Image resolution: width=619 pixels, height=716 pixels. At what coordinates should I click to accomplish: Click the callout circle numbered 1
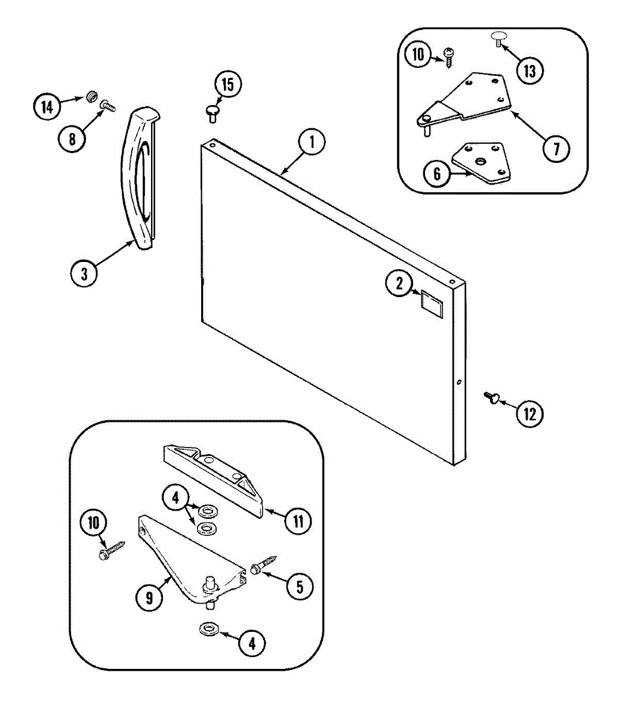point(312,143)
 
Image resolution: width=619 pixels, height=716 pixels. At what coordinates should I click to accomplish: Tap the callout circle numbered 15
point(228,84)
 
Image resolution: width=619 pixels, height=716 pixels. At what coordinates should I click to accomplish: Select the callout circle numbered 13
point(529,71)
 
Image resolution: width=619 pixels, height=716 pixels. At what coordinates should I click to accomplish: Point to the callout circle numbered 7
point(556,147)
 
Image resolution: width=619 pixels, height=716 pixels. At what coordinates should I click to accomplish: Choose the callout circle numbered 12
point(530,413)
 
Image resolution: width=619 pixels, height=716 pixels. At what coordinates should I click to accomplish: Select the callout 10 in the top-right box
point(418,55)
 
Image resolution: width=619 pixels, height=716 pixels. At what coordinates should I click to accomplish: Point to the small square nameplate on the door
point(432,301)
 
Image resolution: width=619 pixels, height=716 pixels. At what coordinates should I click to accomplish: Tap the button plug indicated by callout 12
point(492,397)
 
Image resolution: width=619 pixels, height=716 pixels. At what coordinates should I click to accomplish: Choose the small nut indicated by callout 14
point(91,95)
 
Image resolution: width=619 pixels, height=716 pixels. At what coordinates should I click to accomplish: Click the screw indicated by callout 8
point(109,105)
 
